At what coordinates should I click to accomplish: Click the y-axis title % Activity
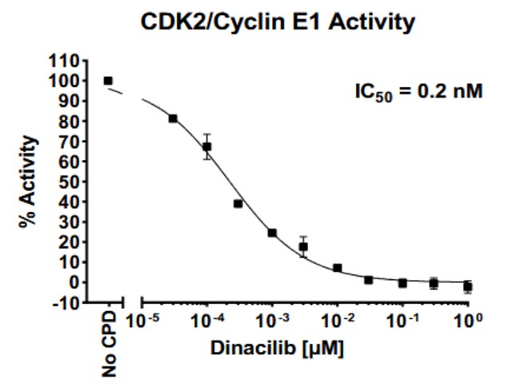30,182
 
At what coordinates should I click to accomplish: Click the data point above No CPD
108,81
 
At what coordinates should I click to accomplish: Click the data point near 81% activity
173,118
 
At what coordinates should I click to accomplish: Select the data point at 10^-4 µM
207,147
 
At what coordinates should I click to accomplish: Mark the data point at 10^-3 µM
272,233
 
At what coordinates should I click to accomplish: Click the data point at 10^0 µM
468,286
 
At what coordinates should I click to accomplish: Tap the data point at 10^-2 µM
338,268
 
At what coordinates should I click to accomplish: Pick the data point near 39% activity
238,204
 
